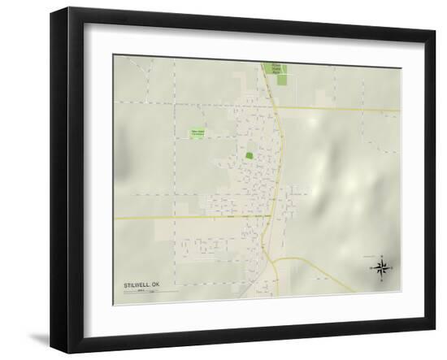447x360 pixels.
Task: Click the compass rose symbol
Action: pos(381,267)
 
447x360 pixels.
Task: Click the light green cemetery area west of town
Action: pos(197,132)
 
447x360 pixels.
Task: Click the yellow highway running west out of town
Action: pos(179,218)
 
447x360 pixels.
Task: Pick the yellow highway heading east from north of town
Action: pos(341,110)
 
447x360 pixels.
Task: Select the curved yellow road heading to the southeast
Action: pos(325,272)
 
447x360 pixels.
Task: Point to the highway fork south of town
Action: pos(273,258)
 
